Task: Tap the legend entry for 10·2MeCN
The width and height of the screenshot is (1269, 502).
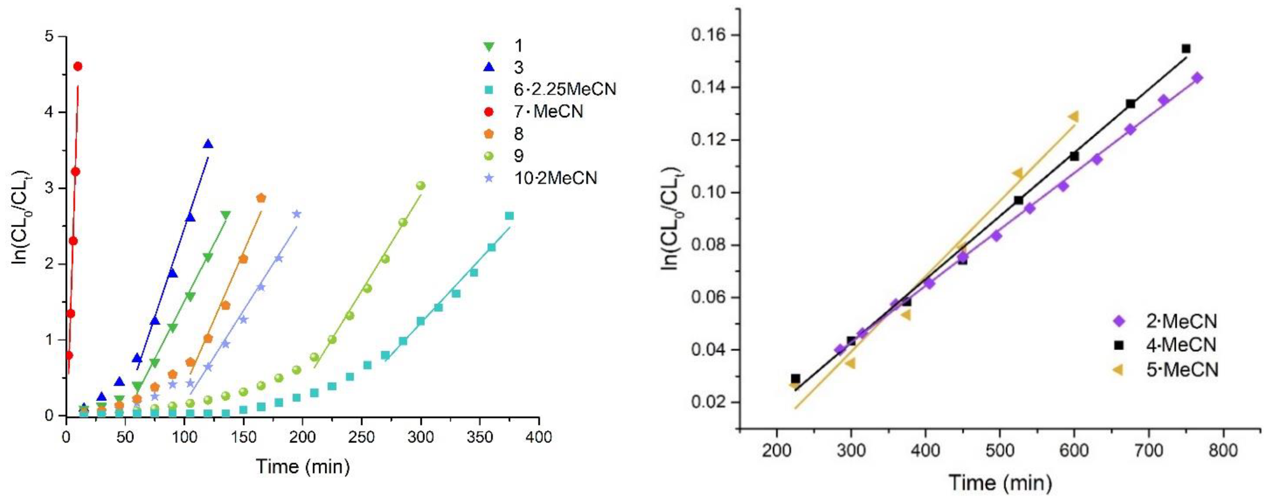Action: click(554, 178)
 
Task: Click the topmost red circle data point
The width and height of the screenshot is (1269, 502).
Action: click(77, 66)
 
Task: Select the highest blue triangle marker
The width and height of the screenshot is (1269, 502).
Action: click(208, 144)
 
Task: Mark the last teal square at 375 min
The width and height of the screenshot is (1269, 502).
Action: click(509, 216)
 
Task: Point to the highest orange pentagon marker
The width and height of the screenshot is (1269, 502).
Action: click(261, 197)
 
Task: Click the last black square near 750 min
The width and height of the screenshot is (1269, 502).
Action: click(1186, 48)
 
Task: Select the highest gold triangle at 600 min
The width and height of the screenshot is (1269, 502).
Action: click(1074, 117)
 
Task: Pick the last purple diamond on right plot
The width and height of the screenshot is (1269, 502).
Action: click(1198, 77)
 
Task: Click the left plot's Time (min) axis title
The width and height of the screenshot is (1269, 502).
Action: click(303, 466)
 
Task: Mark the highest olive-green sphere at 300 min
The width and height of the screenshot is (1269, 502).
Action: click(421, 186)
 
